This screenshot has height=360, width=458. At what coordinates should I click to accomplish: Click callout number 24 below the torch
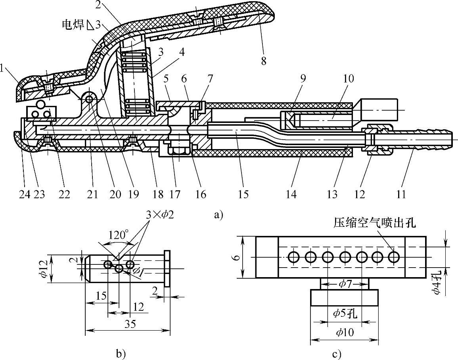(x=25, y=194)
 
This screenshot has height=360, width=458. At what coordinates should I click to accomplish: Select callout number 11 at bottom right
(x=401, y=194)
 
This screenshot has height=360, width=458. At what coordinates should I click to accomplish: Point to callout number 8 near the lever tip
(x=263, y=61)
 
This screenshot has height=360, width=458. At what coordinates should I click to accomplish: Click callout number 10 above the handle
(x=349, y=78)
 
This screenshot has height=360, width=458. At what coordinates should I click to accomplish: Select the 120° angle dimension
(x=119, y=235)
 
